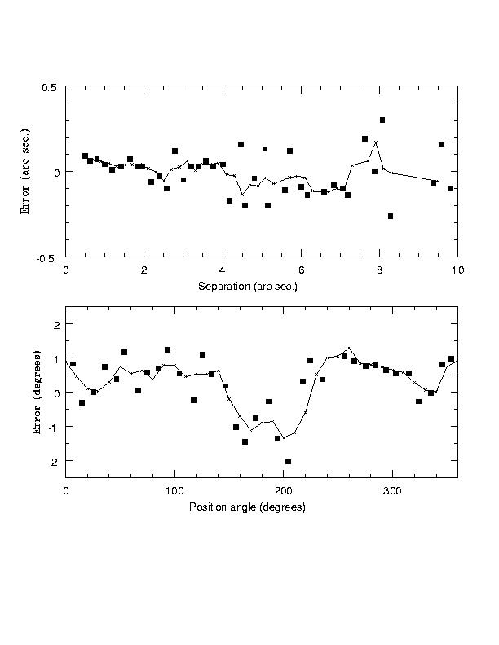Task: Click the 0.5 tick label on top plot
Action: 51,87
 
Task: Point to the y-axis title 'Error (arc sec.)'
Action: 27,172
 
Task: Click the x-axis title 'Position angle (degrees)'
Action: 247,507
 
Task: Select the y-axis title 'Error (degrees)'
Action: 37,393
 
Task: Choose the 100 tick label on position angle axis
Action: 174,491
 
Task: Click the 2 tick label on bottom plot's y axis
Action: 55,324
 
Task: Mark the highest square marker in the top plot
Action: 382,120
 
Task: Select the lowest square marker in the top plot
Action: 391,216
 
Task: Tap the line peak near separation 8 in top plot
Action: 376,142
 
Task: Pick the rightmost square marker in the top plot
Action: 450,188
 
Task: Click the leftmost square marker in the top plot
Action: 85,156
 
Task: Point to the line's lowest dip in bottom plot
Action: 283,437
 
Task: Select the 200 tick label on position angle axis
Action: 283,491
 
